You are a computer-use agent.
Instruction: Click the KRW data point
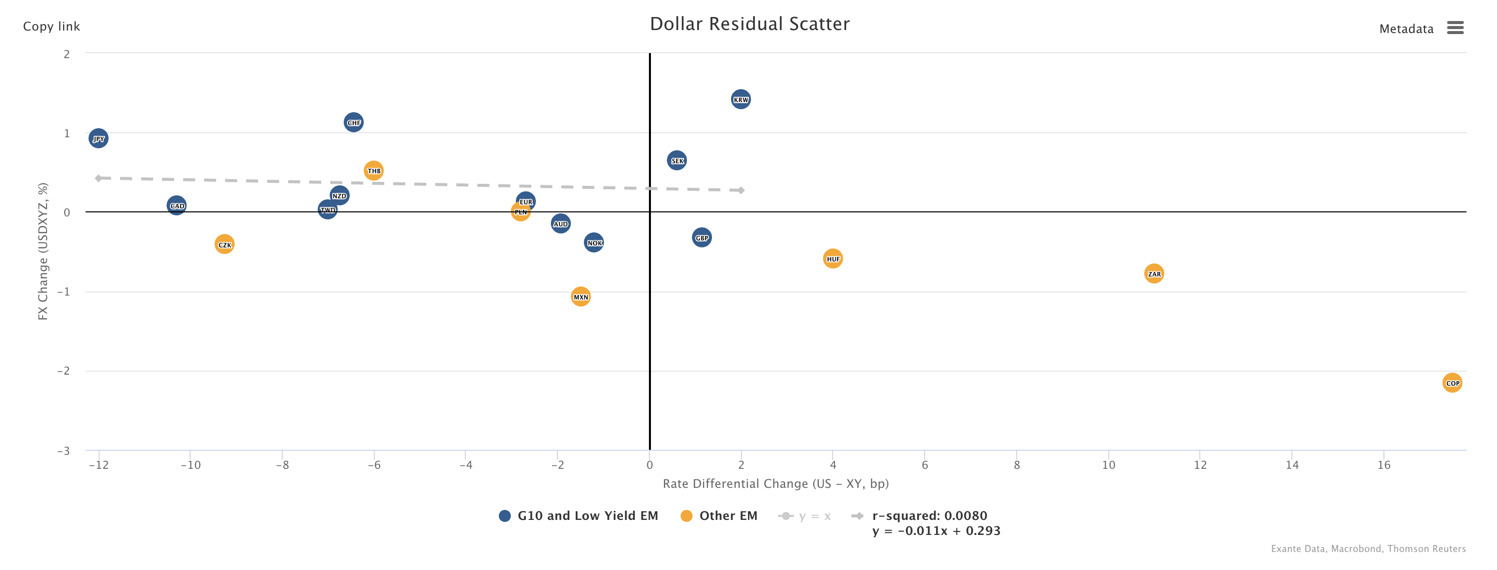pyautogui.click(x=740, y=100)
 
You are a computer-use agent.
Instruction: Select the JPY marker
pyautogui.click(x=98, y=138)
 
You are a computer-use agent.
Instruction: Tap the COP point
pyautogui.click(x=1451, y=383)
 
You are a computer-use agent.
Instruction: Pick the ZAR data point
pyautogui.click(x=1154, y=273)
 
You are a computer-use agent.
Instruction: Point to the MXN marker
pyautogui.click(x=580, y=297)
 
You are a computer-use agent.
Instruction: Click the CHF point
pyautogui.click(x=353, y=122)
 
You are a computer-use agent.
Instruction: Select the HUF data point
pyautogui.click(x=833, y=259)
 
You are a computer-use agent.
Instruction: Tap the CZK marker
pyautogui.click(x=224, y=244)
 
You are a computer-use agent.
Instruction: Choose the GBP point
pyautogui.click(x=701, y=237)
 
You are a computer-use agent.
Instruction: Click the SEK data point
pyautogui.click(x=677, y=160)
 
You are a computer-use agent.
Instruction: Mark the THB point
pyautogui.click(x=374, y=170)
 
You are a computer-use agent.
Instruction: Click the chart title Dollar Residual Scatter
pyautogui.click(x=749, y=24)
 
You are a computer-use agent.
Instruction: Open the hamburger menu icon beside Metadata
pyautogui.click(x=1454, y=28)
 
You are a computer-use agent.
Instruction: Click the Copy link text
pyautogui.click(x=51, y=26)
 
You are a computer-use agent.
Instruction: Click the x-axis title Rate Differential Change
pyautogui.click(x=775, y=483)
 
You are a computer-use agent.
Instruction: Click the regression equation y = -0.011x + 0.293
pyautogui.click(x=936, y=530)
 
